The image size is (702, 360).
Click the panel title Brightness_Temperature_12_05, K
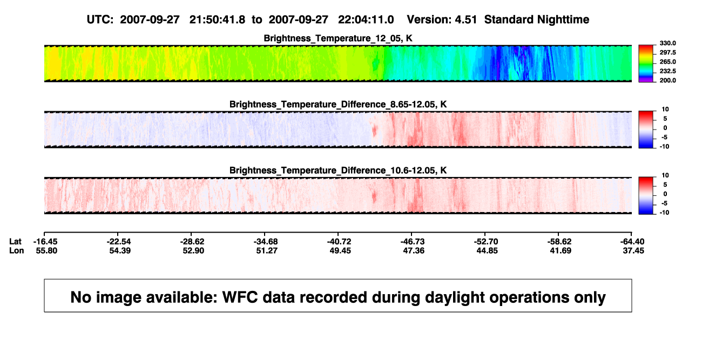(338, 38)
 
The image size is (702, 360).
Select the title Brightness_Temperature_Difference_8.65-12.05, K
(338, 104)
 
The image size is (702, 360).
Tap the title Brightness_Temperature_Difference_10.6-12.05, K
(338, 171)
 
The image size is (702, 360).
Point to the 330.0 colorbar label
(667, 43)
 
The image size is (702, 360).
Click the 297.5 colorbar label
(667, 52)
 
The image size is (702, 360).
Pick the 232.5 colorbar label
(667, 71)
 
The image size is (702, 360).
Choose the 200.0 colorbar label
(667, 80)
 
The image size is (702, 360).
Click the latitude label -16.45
(45, 242)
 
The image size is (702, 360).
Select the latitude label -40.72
(339, 242)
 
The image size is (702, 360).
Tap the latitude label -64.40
(632, 242)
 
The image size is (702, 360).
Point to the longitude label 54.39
(120, 250)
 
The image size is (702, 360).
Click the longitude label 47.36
(414, 250)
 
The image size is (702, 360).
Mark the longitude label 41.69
(561, 250)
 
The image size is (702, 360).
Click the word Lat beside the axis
(15, 242)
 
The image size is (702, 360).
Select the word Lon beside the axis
(17, 250)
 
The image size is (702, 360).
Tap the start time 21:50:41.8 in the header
(217, 20)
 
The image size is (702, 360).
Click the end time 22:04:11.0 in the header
(366, 20)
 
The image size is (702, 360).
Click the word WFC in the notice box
(240, 297)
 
